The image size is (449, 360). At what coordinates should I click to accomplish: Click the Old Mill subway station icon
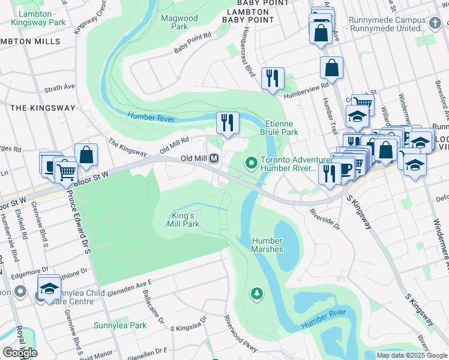tap(213, 159)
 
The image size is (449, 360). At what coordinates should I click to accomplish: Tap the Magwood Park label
tap(179, 22)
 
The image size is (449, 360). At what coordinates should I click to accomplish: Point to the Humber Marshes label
tap(267, 245)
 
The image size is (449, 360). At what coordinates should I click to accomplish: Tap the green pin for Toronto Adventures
tap(251, 162)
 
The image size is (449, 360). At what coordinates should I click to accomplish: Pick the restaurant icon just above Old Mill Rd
tap(228, 122)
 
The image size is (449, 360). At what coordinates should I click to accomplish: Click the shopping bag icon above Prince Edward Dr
tap(86, 155)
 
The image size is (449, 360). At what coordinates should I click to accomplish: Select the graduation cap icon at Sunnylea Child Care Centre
tap(49, 287)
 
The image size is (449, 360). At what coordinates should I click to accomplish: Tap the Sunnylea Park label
tap(120, 326)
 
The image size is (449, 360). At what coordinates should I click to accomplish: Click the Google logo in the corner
tap(19, 352)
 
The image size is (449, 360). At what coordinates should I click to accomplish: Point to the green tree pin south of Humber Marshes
tap(257, 293)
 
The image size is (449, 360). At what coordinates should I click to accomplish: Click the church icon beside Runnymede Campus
tap(435, 23)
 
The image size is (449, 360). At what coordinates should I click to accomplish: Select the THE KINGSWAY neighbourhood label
tap(43, 108)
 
